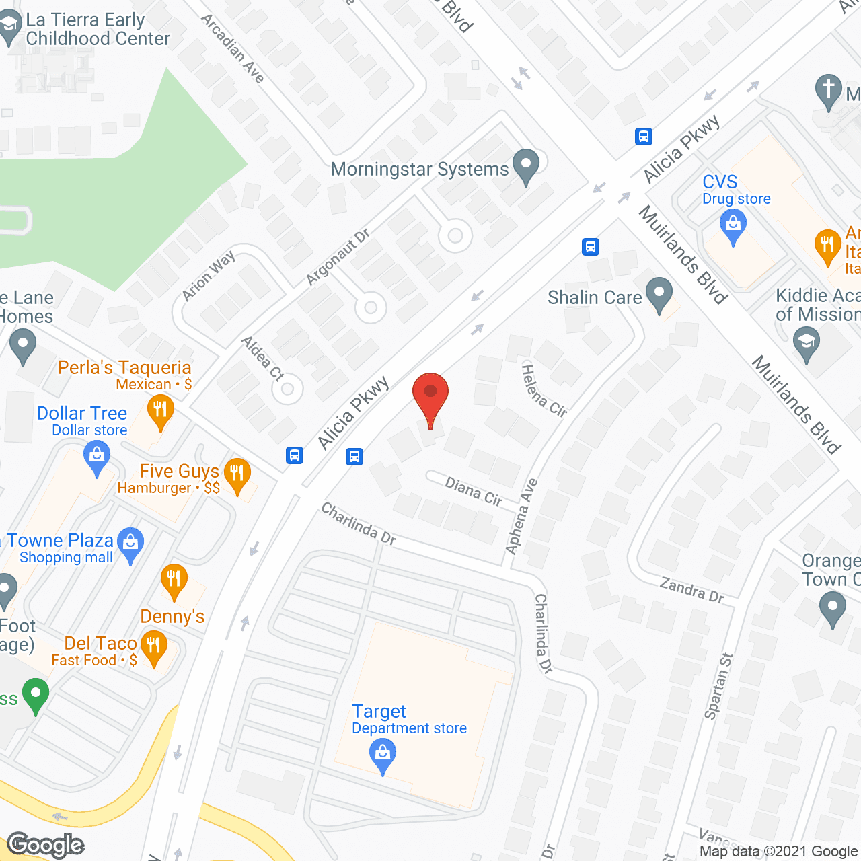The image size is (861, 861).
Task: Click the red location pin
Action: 430,394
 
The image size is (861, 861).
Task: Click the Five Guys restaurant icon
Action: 237,475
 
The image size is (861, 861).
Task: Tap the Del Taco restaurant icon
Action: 154,648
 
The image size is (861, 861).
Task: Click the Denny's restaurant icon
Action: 174,580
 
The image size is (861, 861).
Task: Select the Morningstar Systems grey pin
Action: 526,165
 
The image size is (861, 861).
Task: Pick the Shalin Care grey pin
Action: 659,294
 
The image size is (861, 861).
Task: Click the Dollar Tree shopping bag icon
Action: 97,459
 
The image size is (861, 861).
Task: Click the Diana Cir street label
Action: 474,490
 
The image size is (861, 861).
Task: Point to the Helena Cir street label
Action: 544,390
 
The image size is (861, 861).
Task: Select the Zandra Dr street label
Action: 691,590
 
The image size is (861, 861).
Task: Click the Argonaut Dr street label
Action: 338,256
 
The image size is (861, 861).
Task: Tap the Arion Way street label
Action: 209,276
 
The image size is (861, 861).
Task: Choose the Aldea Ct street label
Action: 262,359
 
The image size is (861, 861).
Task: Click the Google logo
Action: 46,845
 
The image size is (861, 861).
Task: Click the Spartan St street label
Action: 718,686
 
